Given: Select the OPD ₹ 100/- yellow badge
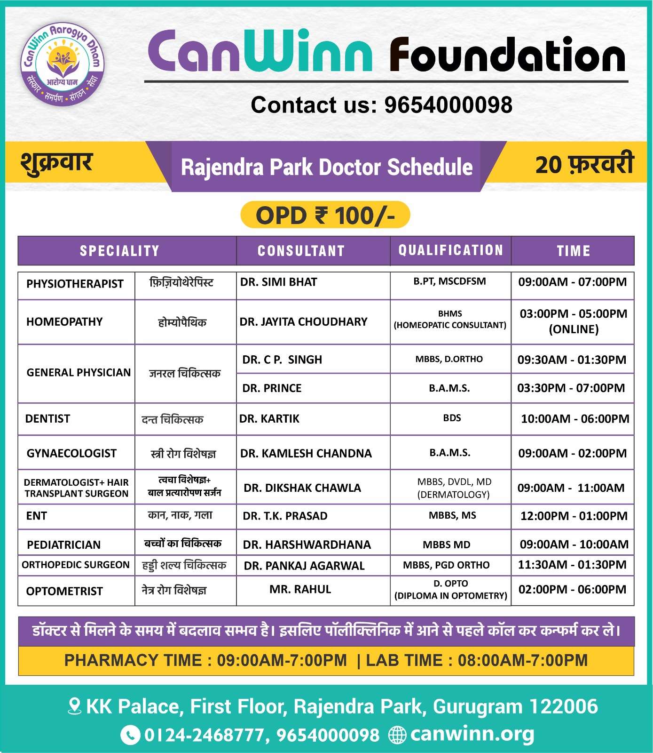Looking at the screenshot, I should pyautogui.click(x=325, y=216).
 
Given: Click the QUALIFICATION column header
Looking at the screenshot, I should pyautogui.click(x=450, y=250).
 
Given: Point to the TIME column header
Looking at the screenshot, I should pyautogui.click(x=573, y=251).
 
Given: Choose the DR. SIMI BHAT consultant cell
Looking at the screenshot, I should pyautogui.click(x=279, y=282).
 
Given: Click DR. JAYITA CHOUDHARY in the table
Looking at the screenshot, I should pyautogui.click(x=303, y=322).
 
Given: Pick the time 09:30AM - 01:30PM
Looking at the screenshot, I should pyautogui.click(x=572, y=360).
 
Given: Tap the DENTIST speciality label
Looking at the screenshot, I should pyautogui.click(x=47, y=419).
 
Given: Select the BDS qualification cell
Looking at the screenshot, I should pyautogui.click(x=452, y=418).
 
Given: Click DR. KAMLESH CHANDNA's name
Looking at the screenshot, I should pyautogui.click(x=306, y=454).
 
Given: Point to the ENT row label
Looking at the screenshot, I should pyautogui.click(x=37, y=516).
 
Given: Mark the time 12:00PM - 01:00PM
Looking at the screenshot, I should pyautogui.click(x=574, y=516).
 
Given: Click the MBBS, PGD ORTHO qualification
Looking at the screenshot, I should pyautogui.click(x=446, y=565).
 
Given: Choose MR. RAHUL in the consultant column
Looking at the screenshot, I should pyautogui.click(x=300, y=590).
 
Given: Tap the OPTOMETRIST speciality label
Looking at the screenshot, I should pyautogui.click(x=64, y=592).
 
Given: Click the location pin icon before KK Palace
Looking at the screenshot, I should pyautogui.click(x=74, y=706).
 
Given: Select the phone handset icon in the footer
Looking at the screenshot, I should pyautogui.click(x=130, y=735).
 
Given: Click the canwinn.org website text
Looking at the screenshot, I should pyautogui.click(x=472, y=734).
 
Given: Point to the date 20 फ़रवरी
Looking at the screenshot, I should pyautogui.click(x=584, y=165).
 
